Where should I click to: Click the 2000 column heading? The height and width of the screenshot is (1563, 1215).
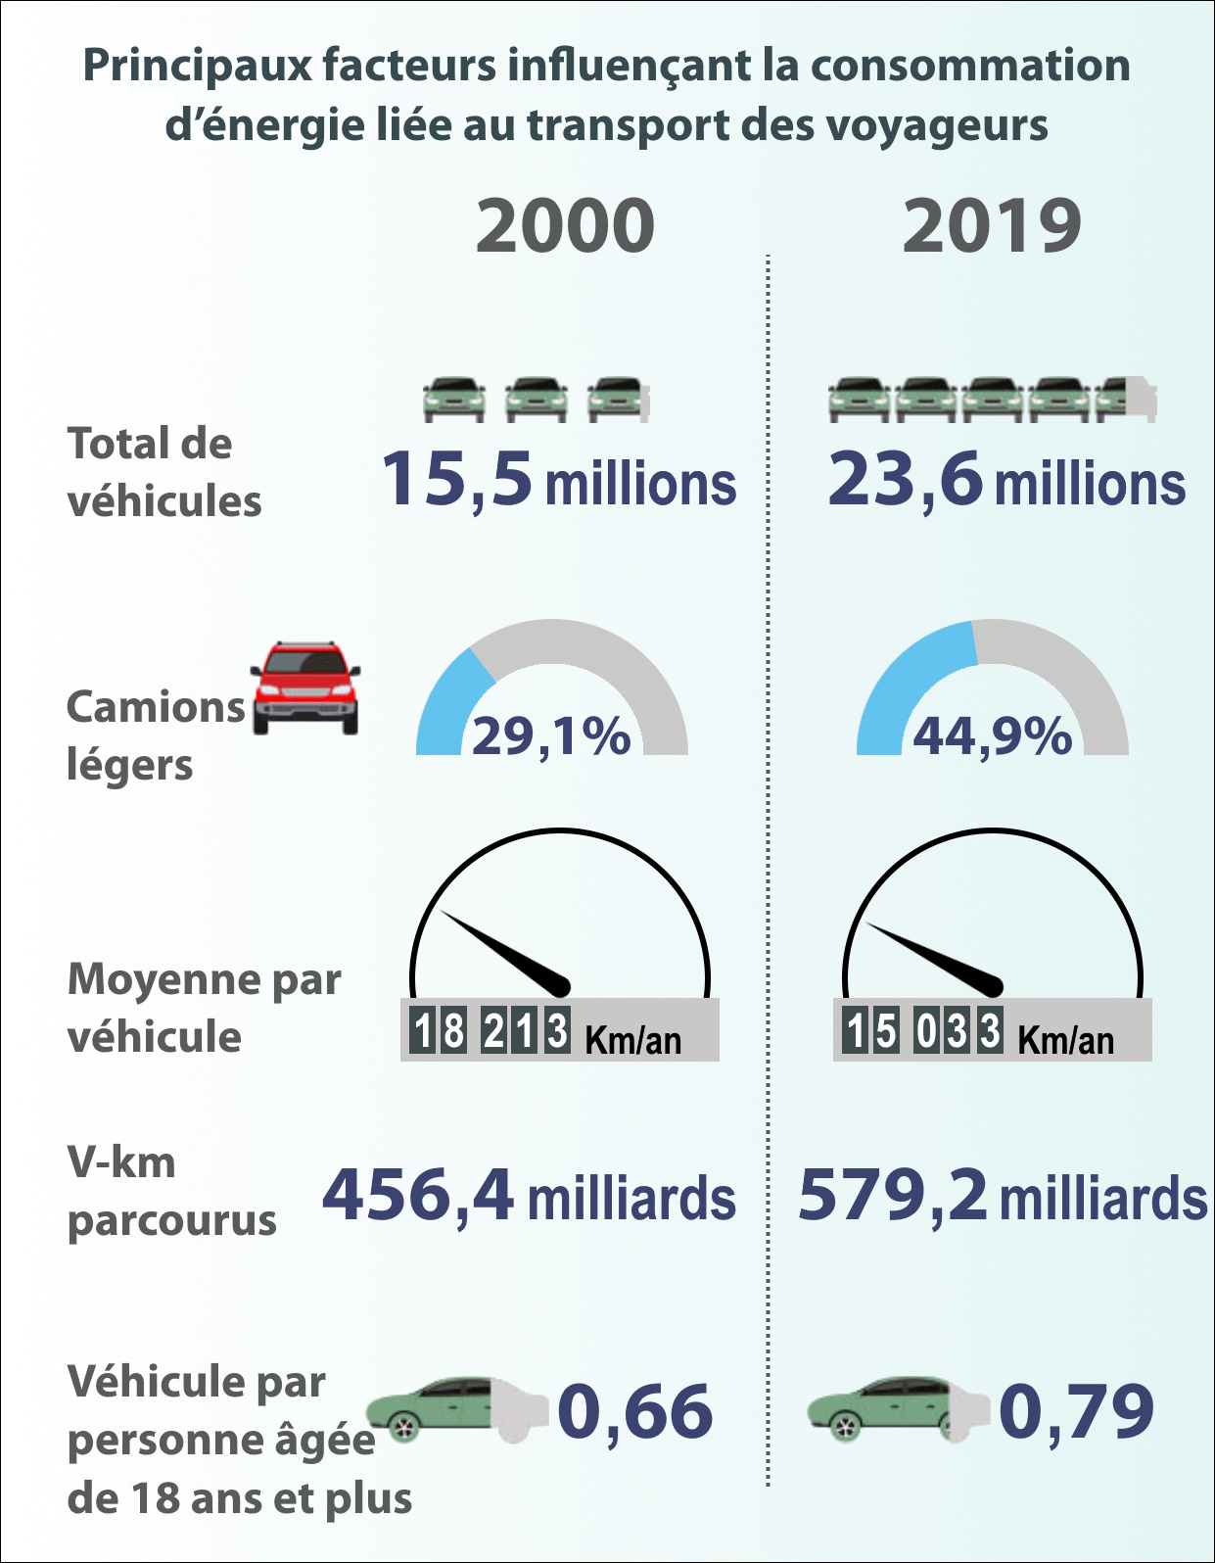click(565, 226)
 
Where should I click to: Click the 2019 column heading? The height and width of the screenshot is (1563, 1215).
click(991, 226)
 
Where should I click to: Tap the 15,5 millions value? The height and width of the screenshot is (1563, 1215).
click(558, 481)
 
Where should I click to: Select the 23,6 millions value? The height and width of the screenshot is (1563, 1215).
click(1006, 481)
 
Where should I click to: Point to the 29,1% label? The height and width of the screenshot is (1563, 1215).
click(551, 735)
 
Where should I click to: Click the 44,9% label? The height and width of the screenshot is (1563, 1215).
click(992, 735)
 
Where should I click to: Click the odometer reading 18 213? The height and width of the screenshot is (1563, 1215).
click(491, 1030)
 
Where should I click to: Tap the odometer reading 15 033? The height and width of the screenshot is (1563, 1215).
click(923, 1030)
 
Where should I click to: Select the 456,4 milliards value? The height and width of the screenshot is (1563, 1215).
click(529, 1196)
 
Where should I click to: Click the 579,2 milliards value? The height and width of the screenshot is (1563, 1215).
click(1003, 1196)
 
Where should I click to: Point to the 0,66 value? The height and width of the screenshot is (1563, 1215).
click(635, 1411)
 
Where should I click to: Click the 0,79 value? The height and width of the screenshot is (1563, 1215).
click(1076, 1411)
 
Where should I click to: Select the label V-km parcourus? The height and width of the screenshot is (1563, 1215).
click(171, 1192)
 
